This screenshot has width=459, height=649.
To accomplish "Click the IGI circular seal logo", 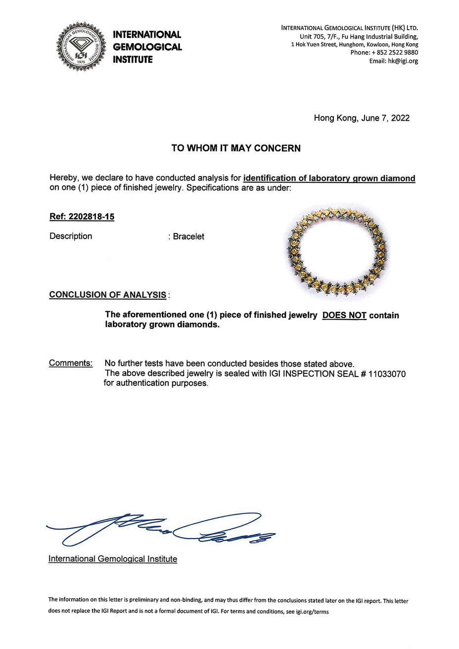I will (81, 47).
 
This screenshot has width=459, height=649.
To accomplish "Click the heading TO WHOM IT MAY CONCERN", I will (236, 148).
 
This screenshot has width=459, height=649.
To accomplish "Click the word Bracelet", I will (188, 236).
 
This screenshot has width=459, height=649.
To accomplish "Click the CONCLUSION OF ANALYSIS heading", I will (107, 295).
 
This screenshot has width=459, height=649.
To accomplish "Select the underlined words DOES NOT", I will (344, 316).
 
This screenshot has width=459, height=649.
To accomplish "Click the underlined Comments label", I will (71, 363).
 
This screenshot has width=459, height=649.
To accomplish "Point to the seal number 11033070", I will (387, 374).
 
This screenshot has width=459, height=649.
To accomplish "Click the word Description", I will (71, 236).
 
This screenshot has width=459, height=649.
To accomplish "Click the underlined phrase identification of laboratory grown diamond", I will (329, 179).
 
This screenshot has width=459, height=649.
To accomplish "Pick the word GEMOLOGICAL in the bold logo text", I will (147, 47).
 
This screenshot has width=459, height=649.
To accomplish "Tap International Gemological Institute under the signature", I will (112, 559).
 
